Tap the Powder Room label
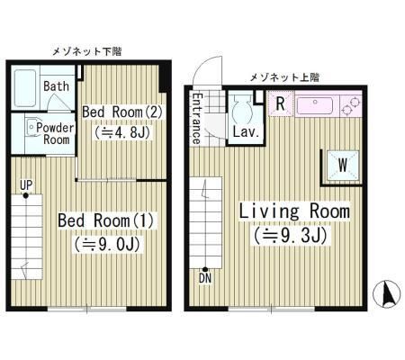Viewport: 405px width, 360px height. [55, 133]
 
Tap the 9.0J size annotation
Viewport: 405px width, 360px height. [100, 244]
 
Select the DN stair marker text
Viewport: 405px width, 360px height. [206, 279]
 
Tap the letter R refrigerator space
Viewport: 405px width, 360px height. [281, 103]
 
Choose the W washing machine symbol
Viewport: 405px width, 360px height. [342, 164]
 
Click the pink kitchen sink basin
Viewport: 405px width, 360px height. [315, 104]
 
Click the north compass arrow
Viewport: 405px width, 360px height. [389, 293]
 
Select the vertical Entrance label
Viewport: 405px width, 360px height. [195, 117]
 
